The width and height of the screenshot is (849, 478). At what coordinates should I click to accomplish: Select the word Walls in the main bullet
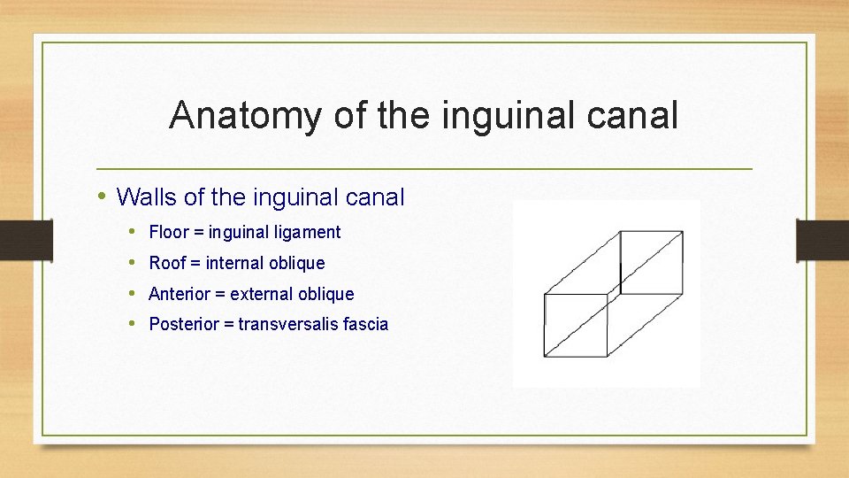point(147,197)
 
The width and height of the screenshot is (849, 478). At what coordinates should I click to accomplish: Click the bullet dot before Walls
point(103,196)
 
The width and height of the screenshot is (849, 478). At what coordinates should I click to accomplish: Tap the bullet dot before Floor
point(131,232)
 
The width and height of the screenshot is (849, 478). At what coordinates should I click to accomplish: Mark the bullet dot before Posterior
point(131,323)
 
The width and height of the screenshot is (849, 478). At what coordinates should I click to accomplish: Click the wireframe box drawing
point(607,293)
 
